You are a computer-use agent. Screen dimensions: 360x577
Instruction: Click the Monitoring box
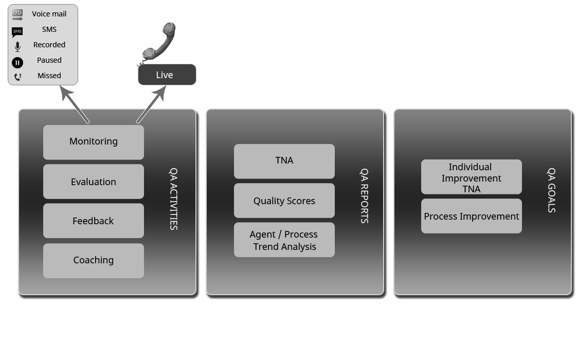[94, 142]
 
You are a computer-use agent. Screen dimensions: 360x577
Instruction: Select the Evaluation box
[94, 182]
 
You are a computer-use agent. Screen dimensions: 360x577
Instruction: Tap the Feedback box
[94, 221]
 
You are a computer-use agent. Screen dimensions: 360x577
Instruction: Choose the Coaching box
[94, 260]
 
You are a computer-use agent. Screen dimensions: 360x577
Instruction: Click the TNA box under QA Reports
[284, 161]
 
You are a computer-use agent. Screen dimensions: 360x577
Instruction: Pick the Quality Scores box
[284, 201]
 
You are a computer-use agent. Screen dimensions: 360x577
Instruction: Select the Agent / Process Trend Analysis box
[284, 240]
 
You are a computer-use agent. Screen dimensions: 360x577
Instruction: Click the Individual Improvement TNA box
[472, 177]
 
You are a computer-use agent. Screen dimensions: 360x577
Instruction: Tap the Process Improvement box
[472, 216]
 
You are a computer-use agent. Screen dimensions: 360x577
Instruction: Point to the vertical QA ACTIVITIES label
[174, 199]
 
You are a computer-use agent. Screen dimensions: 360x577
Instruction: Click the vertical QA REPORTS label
[364, 196]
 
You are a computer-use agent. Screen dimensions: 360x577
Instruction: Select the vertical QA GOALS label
[551, 190]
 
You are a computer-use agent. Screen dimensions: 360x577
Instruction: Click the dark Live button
[167, 75]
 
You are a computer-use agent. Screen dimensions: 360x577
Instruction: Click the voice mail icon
[17, 14]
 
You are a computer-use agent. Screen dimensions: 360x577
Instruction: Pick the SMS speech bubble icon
[17, 32]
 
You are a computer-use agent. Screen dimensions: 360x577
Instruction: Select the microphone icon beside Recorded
[17, 47]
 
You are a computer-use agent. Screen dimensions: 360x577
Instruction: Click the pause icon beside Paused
[17, 63]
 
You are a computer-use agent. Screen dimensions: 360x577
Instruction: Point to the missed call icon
[17, 77]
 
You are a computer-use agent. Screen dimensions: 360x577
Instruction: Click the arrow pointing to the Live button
[151, 105]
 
